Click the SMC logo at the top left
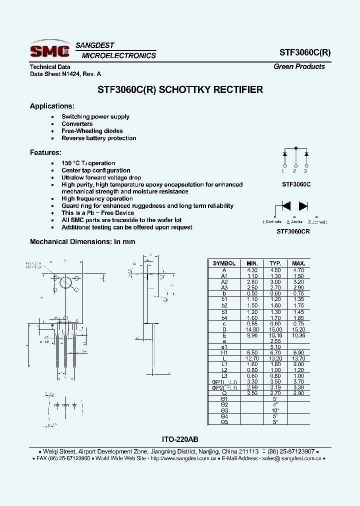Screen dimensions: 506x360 point(49,50)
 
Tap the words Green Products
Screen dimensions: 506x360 point(299,66)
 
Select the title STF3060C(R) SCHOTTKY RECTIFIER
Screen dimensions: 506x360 point(179,90)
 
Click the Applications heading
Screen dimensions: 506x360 point(52,106)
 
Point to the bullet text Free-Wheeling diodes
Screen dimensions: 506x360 point(92,131)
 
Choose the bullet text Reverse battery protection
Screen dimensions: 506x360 point(98,138)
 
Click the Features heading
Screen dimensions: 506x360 point(45,152)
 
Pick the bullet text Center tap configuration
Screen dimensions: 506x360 point(95,170)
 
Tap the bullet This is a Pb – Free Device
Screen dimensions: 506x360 point(97,213)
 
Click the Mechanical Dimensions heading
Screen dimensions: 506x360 point(82,241)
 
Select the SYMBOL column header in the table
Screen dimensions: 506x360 point(224,263)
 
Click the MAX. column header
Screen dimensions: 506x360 point(298,263)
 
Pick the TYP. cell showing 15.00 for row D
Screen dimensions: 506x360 point(275,329)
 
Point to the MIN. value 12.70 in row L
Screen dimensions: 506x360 point(252,358)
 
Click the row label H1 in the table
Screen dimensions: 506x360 point(224,352)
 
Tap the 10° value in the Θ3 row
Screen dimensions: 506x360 point(275,410)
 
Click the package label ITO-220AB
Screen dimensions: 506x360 point(180,439)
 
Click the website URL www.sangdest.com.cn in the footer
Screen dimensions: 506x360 point(183,458)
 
